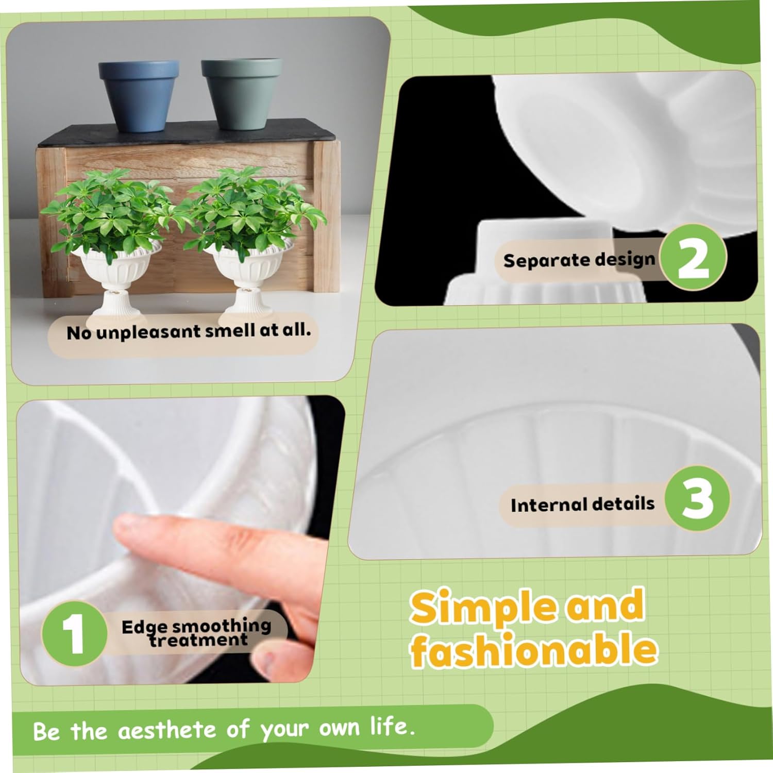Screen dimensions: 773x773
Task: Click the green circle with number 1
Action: [74, 633]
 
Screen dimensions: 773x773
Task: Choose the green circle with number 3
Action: [697, 498]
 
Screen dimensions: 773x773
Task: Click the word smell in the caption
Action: [230, 331]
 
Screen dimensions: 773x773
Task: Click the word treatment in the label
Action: [198, 641]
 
